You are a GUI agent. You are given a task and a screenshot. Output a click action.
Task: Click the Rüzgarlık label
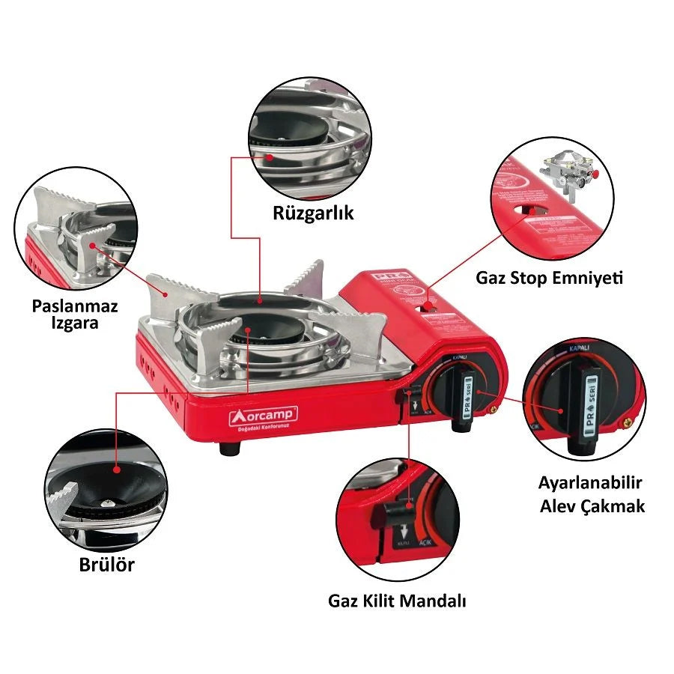tap(312, 213)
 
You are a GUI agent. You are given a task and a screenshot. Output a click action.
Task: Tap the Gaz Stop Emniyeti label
tap(549, 278)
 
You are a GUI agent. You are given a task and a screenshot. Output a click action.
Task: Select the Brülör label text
tap(107, 565)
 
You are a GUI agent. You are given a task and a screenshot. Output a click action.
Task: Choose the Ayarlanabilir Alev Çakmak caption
tap(592, 494)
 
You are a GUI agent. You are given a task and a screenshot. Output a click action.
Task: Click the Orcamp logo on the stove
tap(264, 415)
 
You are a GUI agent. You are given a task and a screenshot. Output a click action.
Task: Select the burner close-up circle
tap(104, 488)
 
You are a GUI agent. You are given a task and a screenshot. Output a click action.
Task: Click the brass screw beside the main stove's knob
tap(494, 408)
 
